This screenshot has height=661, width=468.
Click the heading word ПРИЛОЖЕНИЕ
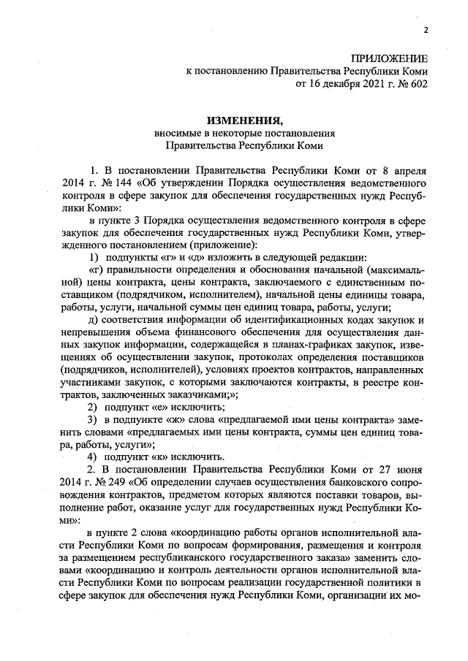click(x=390, y=58)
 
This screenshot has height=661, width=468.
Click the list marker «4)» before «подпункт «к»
click(x=93, y=456)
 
